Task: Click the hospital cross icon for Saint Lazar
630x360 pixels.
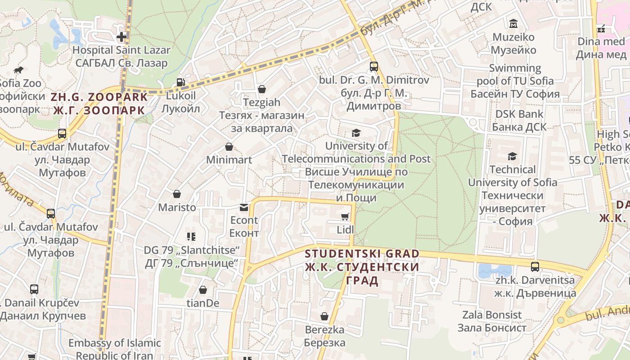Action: (121, 37)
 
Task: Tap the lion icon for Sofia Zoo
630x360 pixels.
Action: (18, 70)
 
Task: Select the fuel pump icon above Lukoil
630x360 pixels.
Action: (180, 82)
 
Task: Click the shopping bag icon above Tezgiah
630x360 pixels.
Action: (261, 89)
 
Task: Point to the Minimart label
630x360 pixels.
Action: (229, 160)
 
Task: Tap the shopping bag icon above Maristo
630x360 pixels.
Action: (176, 194)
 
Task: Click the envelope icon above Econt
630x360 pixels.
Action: (244, 207)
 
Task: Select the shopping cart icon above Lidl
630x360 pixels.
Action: (345, 217)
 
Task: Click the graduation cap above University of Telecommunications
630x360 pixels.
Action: (356, 133)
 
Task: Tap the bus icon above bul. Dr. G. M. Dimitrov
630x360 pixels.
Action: (373, 67)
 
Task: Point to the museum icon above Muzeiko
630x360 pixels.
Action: (513, 23)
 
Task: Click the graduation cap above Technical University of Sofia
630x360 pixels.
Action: (512, 156)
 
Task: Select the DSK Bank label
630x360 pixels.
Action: (519, 114)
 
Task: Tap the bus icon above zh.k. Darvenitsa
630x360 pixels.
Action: (535, 266)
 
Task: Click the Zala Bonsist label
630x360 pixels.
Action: (492, 315)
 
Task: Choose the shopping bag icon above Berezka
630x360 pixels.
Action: (324, 316)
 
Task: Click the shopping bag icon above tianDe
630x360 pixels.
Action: (203, 290)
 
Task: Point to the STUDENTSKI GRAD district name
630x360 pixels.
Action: (362, 254)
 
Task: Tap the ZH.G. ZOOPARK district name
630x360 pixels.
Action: (99, 97)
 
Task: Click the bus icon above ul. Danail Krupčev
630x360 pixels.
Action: (34, 289)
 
